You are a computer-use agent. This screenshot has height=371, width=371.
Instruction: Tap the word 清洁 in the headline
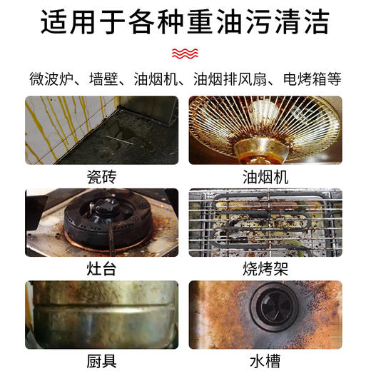[304, 23]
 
